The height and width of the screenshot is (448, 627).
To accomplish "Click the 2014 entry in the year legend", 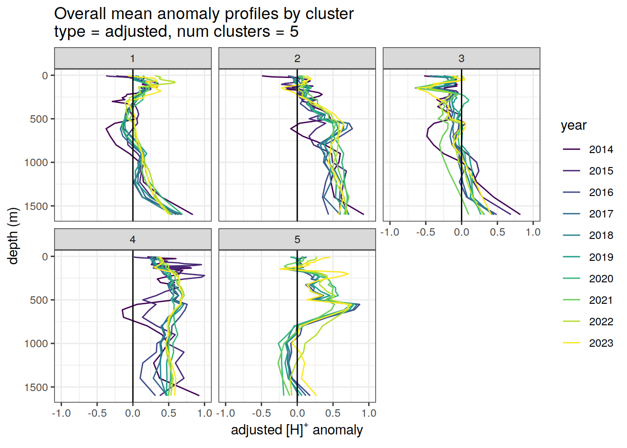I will click(600, 149).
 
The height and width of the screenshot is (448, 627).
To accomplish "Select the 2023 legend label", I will click(600, 343).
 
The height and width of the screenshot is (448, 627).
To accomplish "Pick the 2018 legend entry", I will click(600, 235).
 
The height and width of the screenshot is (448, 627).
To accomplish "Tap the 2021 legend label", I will click(600, 300).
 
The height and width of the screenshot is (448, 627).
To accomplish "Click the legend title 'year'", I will click(573, 126).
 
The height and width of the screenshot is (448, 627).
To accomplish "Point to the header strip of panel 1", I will click(132, 58).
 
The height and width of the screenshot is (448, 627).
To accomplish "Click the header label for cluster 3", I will click(461, 58).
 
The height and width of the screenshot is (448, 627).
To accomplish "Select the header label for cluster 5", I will click(297, 239).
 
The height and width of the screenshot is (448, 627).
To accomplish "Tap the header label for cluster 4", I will click(132, 239).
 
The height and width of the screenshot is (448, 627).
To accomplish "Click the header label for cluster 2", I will click(297, 58).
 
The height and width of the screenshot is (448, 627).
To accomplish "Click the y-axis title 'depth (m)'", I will click(13, 236).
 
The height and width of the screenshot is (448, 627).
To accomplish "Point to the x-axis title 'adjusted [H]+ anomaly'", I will click(297, 430).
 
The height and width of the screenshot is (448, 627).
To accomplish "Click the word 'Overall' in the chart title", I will click(80, 14).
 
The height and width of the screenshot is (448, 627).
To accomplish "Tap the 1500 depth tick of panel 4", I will click(39, 387).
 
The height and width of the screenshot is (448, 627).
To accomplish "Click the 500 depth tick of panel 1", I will click(39, 119).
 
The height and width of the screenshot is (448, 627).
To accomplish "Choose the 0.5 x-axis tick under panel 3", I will click(497, 232).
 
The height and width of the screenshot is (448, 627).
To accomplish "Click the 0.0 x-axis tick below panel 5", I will click(297, 413).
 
